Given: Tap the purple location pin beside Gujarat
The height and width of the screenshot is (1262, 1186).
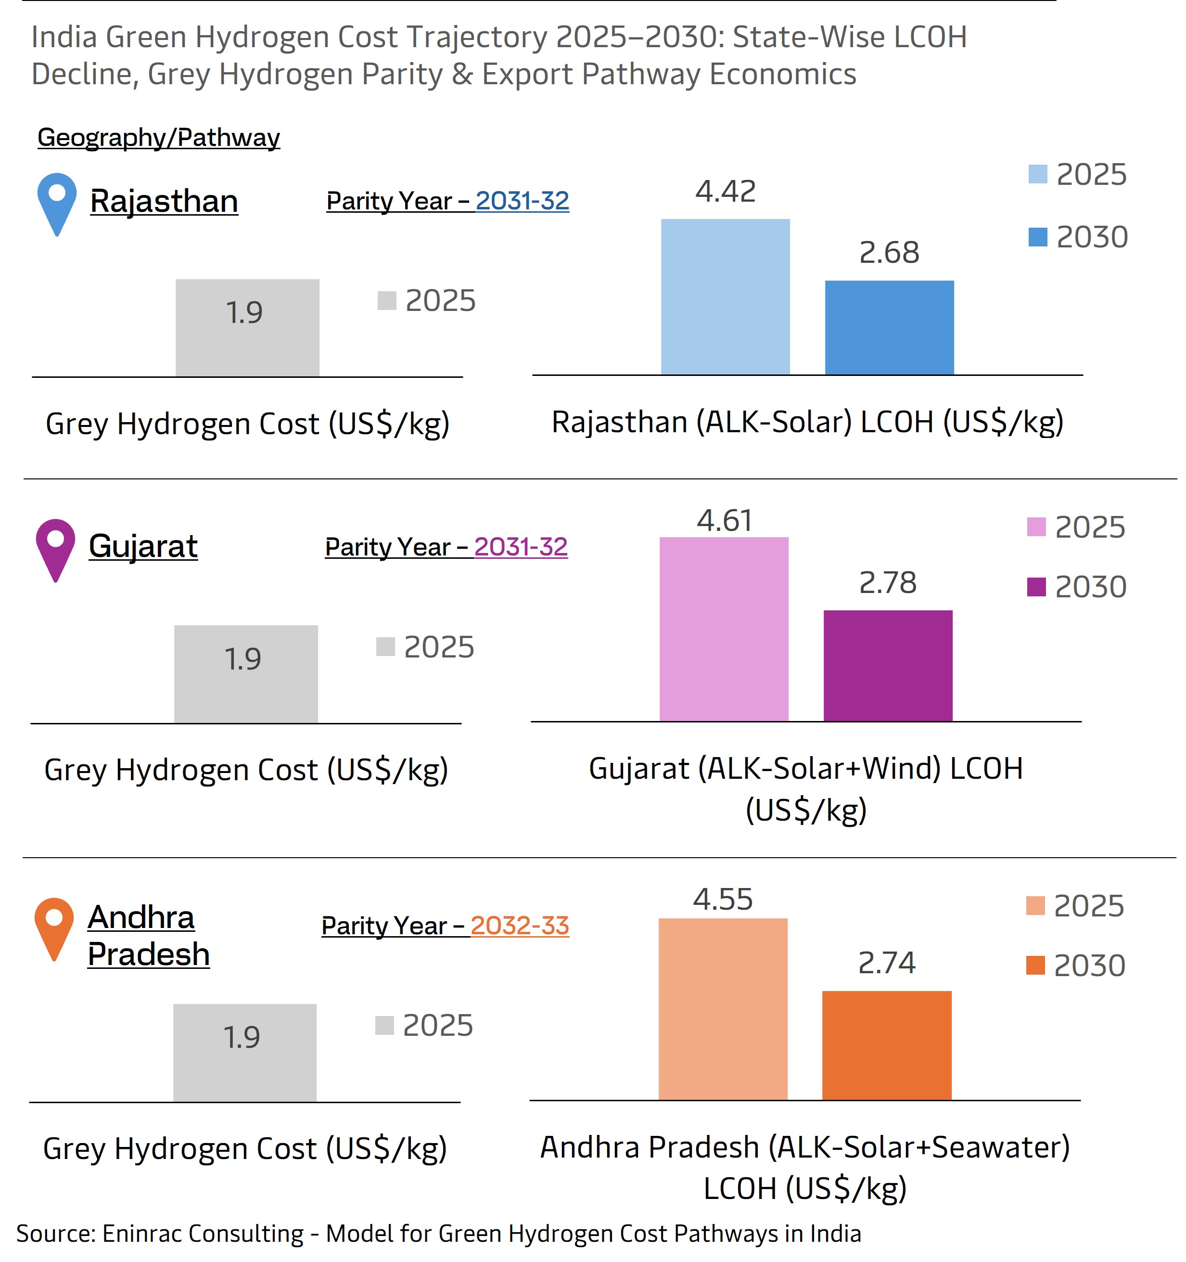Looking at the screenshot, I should [x=56, y=546].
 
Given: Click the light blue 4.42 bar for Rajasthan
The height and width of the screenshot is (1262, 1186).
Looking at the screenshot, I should [x=725, y=296].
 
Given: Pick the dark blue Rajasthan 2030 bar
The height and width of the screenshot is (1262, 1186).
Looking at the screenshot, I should [x=889, y=328].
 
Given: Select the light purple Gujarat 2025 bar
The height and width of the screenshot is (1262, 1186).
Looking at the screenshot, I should [x=724, y=629].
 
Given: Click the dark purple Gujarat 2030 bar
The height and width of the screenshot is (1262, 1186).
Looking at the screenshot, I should [x=888, y=665].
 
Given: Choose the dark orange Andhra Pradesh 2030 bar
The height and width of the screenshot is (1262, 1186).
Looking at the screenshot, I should [x=886, y=1045].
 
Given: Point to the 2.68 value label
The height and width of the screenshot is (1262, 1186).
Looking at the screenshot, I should [x=889, y=253].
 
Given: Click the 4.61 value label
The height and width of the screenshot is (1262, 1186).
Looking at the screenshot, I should [x=724, y=521].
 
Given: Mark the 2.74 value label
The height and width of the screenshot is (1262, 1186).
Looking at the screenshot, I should [x=886, y=963].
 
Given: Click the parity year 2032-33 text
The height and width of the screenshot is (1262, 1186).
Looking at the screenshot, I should [x=520, y=926].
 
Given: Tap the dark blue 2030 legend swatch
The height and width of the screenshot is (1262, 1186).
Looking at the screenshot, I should [x=1037, y=237].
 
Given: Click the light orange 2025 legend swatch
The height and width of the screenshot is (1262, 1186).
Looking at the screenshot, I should [x=1035, y=905].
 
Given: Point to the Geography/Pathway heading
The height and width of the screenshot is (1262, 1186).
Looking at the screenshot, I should [x=159, y=137].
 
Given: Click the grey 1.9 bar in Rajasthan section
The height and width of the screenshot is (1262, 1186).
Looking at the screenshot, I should [x=247, y=328].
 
